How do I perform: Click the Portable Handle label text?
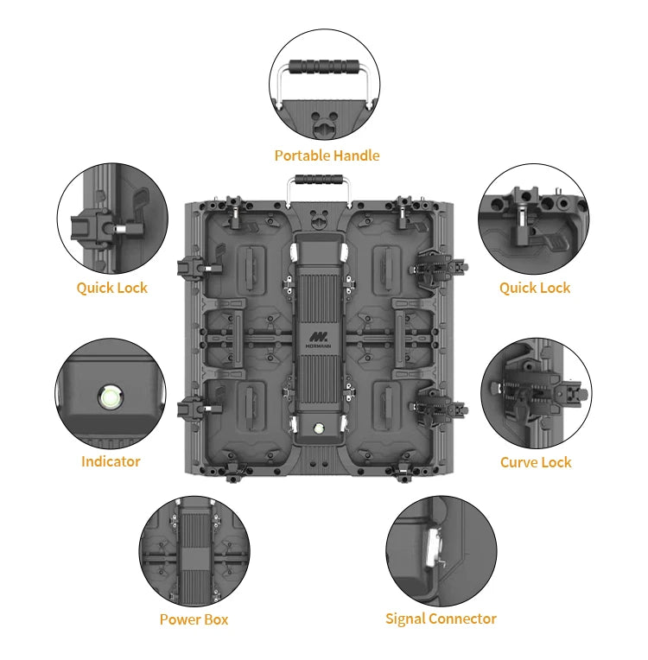click(327, 155)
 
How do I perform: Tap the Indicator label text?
click(111, 461)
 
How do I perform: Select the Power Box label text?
click(194, 619)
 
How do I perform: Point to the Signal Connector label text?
click(441, 619)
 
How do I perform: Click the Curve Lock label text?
click(536, 462)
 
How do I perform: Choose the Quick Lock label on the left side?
click(112, 288)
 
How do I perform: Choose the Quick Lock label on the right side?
click(535, 288)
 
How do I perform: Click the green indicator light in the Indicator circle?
click(110, 397)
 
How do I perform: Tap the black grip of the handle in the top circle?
click(324, 67)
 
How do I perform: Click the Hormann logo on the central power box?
click(318, 340)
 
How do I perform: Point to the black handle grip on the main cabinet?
click(318, 179)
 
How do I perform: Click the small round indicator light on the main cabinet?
click(318, 429)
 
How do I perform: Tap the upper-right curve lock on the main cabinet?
click(439, 267)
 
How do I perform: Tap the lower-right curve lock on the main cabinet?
click(439, 407)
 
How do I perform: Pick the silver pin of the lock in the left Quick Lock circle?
click(120, 229)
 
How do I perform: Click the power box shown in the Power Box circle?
click(194, 551)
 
